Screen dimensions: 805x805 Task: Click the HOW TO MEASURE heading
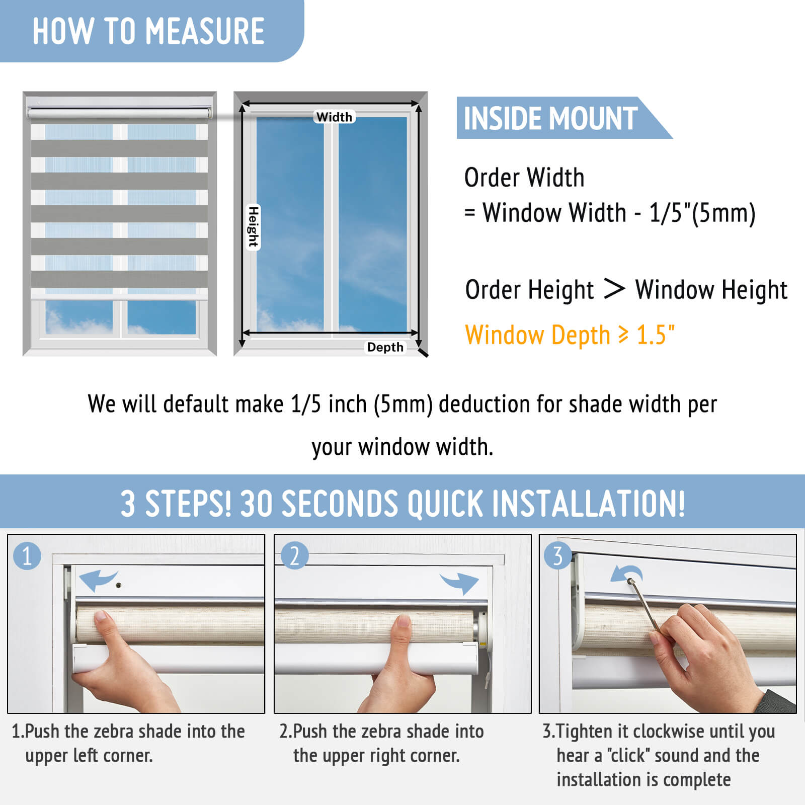click(x=148, y=31)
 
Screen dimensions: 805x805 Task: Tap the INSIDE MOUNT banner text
click(x=550, y=118)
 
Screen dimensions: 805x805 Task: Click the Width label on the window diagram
click(x=334, y=117)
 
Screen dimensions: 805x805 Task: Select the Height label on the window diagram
click(x=253, y=227)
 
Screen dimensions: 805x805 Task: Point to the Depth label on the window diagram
click(x=385, y=347)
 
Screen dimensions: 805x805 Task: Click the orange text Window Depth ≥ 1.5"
click(x=570, y=335)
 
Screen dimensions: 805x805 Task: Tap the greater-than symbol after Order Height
click(x=614, y=289)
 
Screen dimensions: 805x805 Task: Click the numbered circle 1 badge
click(x=27, y=556)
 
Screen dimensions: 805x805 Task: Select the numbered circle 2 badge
click(x=294, y=555)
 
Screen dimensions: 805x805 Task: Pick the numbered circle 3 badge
click(x=557, y=555)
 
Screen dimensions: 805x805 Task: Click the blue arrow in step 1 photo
click(x=98, y=580)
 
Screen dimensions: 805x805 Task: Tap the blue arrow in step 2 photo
click(x=459, y=583)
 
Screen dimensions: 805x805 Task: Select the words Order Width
click(x=524, y=178)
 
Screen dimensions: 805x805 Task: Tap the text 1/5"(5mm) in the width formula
click(x=702, y=213)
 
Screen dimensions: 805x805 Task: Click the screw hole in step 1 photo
click(x=119, y=586)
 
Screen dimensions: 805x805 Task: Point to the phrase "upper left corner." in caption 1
click(x=89, y=756)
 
